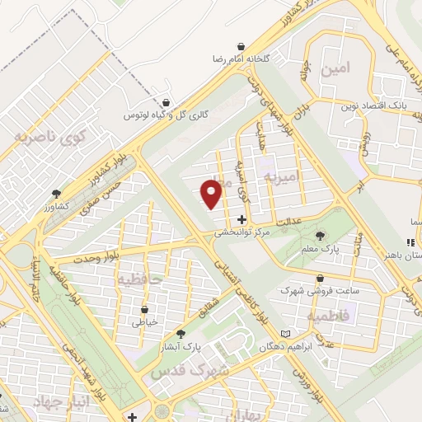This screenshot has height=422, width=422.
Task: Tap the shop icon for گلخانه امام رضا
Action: click(x=240, y=46)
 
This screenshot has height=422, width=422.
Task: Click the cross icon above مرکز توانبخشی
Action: click(x=241, y=219)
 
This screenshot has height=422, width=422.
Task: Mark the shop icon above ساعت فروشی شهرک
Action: click(x=320, y=278)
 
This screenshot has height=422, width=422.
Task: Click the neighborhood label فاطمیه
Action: click(x=328, y=316)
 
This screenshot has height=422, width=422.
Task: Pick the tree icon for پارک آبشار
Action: click(x=181, y=334)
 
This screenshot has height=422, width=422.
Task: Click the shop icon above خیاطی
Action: click(x=145, y=309)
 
